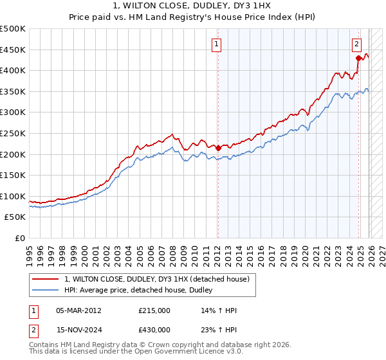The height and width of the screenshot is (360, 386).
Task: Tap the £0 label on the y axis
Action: point(20,239)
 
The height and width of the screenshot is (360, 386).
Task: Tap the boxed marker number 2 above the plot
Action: point(356,44)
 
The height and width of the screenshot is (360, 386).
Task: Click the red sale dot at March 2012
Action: point(218,148)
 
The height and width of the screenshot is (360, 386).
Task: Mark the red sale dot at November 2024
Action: point(358,58)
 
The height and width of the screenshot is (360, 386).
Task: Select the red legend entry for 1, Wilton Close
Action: point(161,278)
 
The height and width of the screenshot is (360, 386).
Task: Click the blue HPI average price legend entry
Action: point(142,291)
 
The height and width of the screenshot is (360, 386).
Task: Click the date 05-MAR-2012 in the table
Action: point(78,310)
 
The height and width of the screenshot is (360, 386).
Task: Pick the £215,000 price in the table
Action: point(154,310)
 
